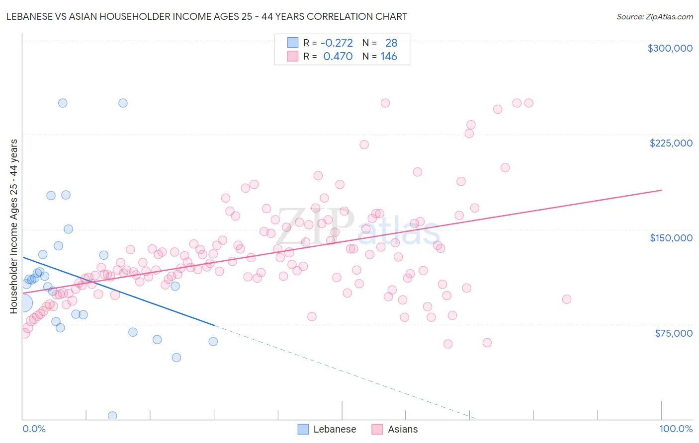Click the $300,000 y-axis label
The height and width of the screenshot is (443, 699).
pyautogui.click(x=670, y=48)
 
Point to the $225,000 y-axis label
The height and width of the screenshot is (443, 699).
pyautogui.click(x=671, y=143)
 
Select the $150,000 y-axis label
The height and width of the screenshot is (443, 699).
pyautogui.click(x=671, y=238)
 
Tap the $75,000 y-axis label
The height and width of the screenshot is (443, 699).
pyautogui.click(x=673, y=333)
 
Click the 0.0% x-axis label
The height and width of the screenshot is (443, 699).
pyautogui.click(x=34, y=429)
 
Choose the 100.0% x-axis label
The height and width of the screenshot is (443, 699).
pyautogui.click(x=676, y=429)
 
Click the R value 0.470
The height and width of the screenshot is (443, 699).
pyautogui.click(x=338, y=57)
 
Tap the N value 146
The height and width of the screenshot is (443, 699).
pyautogui.click(x=389, y=57)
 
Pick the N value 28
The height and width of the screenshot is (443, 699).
pyautogui.click(x=391, y=43)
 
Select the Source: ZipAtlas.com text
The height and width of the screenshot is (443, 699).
pyautogui.click(x=654, y=16)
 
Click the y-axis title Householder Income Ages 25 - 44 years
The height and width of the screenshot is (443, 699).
pyautogui.click(x=13, y=226)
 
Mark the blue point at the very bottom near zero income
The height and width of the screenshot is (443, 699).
pyautogui.click(x=112, y=416)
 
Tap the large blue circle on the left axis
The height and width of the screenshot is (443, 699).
pyautogui.click(x=23, y=302)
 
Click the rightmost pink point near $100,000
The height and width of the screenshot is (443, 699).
pyautogui.click(x=566, y=299)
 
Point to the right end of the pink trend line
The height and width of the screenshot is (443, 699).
pyautogui.click(x=661, y=190)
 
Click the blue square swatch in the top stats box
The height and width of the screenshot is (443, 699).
pyautogui.click(x=293, y=43)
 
